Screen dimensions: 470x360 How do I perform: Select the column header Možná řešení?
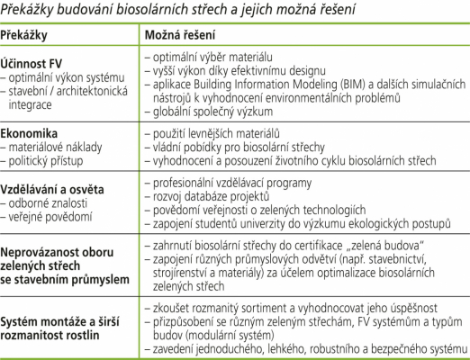click(x=179, y=34)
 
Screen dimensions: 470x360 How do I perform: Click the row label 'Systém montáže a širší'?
click(x=63, y=321)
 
